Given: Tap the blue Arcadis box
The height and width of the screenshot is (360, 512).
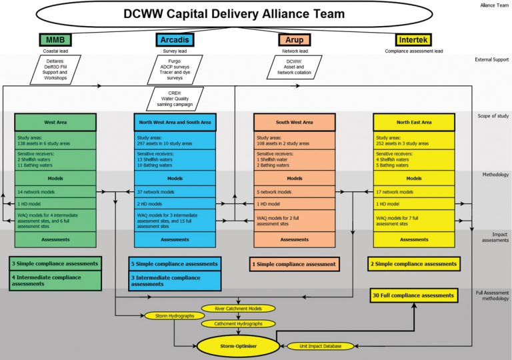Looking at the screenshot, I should (175, 41).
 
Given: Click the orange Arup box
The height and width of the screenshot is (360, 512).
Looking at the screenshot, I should (293, 41).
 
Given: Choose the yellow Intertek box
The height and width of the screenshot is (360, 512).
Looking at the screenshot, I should (413, 41).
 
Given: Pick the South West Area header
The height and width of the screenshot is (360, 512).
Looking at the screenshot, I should (294, 122).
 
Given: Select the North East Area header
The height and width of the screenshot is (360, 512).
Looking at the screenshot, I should (413, 122).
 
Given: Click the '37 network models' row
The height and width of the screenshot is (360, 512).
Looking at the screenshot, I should (175, 191).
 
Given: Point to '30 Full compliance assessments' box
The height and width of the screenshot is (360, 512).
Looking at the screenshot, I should (413, 295).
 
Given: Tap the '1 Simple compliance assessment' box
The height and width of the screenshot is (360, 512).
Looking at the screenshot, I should (294, 264).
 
